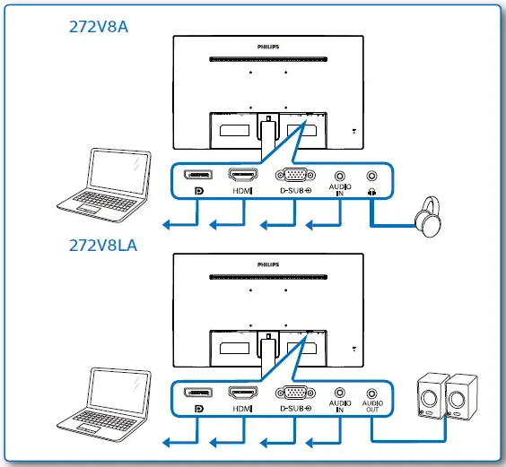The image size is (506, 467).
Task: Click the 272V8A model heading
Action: tap(99, 26)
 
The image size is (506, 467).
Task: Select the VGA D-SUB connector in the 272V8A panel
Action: tap(292, 177)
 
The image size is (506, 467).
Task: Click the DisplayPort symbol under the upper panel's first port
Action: tap(198, 192)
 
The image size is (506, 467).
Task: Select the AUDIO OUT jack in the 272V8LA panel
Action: tap(372, 393)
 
